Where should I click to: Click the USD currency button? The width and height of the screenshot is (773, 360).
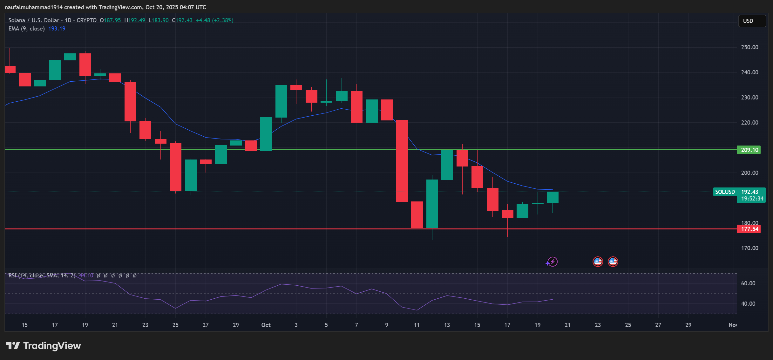tap(752, 21)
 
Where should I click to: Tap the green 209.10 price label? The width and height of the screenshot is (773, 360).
tap(749, 150)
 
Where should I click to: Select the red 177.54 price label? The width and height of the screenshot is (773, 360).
tap(749, 229)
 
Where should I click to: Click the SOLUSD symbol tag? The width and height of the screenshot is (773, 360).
tap(725, 192)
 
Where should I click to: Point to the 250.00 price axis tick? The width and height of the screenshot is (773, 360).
tap(749, 47)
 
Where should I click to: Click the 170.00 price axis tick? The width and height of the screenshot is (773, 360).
tap(749, 248)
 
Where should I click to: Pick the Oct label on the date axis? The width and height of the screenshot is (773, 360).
tap(266, 325)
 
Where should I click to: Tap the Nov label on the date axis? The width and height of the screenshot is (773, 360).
tap(732, 325)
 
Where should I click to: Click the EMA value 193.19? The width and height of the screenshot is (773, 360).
tap(57, 29)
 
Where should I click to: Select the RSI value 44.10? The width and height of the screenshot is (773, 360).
tap(86, 275)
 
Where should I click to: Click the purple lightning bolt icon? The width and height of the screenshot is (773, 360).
tap(552, 262)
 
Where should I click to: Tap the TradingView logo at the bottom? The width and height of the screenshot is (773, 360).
tap(44, 346)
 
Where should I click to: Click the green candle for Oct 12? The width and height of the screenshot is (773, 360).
tap(432, 204)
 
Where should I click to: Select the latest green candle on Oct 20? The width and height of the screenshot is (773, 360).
tap(553, 197)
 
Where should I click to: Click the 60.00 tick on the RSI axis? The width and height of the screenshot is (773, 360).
tap(748, 283)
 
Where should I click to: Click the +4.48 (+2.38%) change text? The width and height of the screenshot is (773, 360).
tap(214, 20)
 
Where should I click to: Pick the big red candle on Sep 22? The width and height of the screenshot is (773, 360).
tap(130, 101)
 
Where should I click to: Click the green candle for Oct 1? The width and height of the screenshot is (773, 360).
tap(266, 134)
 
